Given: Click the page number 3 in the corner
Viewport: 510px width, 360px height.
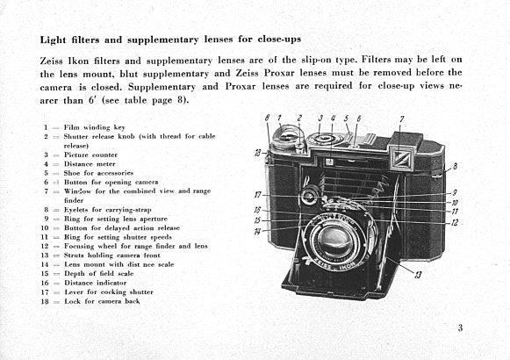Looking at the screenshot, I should [459, 329].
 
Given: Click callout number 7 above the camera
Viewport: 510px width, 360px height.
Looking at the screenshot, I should [401, 119].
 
